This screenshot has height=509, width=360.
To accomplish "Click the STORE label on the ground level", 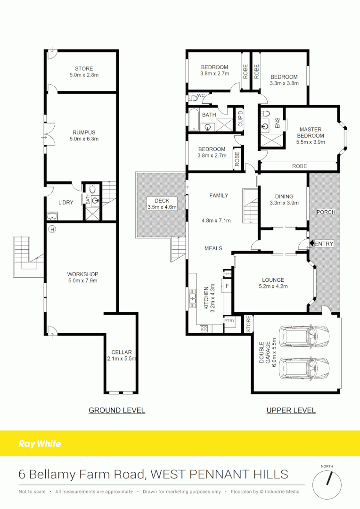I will point(84,68).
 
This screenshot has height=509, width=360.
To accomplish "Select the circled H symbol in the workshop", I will point(52,230).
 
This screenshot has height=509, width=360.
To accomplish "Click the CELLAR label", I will point(122,352).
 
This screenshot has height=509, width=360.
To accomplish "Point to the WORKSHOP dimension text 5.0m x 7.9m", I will point(82,281).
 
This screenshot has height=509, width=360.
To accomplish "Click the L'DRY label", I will point(65,202).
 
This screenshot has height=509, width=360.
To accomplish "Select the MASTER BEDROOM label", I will point(311,132).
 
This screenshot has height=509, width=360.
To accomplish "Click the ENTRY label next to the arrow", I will point(324,244).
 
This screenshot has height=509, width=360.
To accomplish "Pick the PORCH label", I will point(326,212).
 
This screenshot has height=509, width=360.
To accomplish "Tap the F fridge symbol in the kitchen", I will point(227,286).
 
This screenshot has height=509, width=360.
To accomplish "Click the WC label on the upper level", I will point(200,96).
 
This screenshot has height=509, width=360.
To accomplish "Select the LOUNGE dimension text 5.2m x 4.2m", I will point(273,286).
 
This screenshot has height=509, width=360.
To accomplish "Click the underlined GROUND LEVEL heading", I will point(117,410).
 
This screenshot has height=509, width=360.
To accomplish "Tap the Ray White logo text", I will point(40,443).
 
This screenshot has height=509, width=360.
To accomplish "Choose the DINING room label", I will point(284,197).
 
